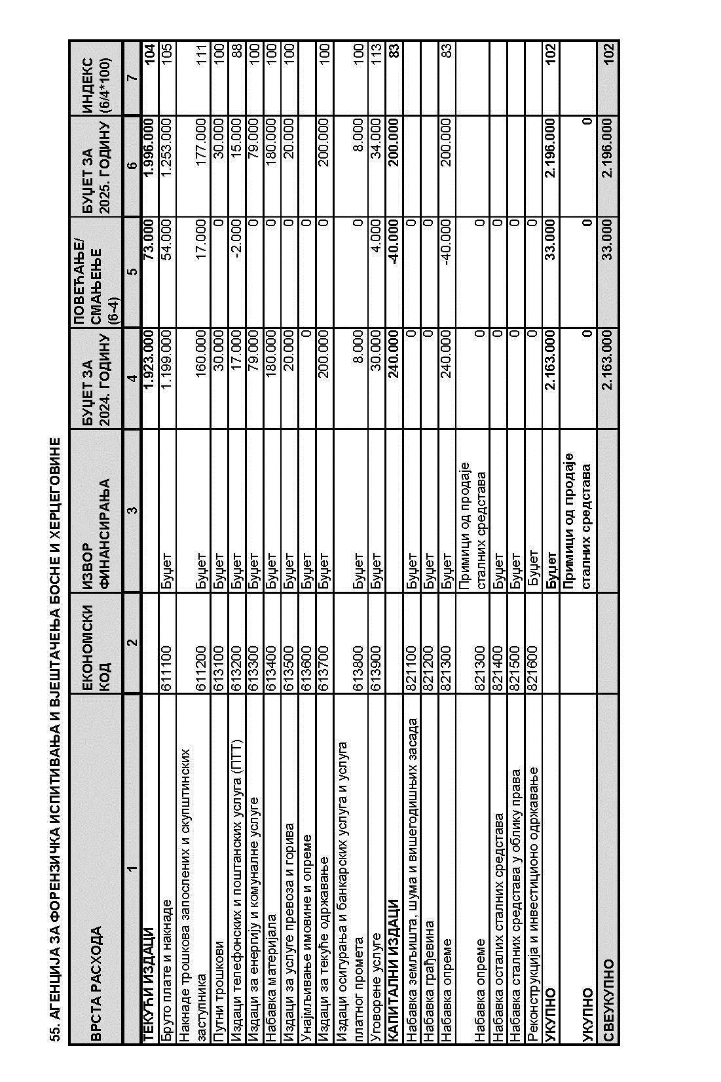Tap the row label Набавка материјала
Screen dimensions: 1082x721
[x=271, y=969]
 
